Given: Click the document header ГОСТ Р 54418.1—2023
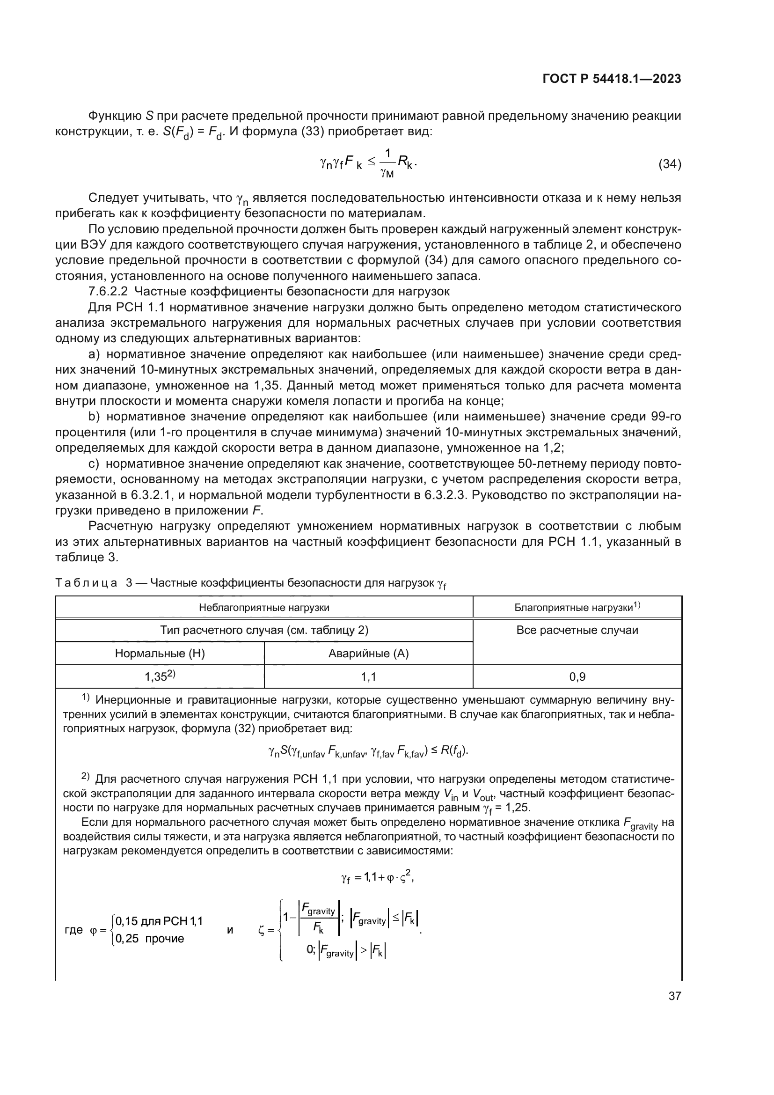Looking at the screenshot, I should point(612,79).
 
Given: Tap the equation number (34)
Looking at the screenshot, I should point(670,164).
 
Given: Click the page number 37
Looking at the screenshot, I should point(674,996).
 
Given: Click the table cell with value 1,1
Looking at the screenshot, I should point(368,676).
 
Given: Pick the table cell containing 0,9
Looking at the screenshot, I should point(577,676).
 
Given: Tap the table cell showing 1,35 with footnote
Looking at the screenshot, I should point(160,676).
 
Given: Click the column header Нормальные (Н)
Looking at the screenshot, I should point(160,654).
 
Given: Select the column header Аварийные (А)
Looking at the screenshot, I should point(368,654).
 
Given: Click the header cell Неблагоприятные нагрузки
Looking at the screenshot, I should point(264,608).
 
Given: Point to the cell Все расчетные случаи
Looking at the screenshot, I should point(577,630).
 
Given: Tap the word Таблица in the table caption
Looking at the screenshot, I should point(86,583).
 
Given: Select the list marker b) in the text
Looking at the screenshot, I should point(94,416).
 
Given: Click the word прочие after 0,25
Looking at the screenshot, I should point(164,939).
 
